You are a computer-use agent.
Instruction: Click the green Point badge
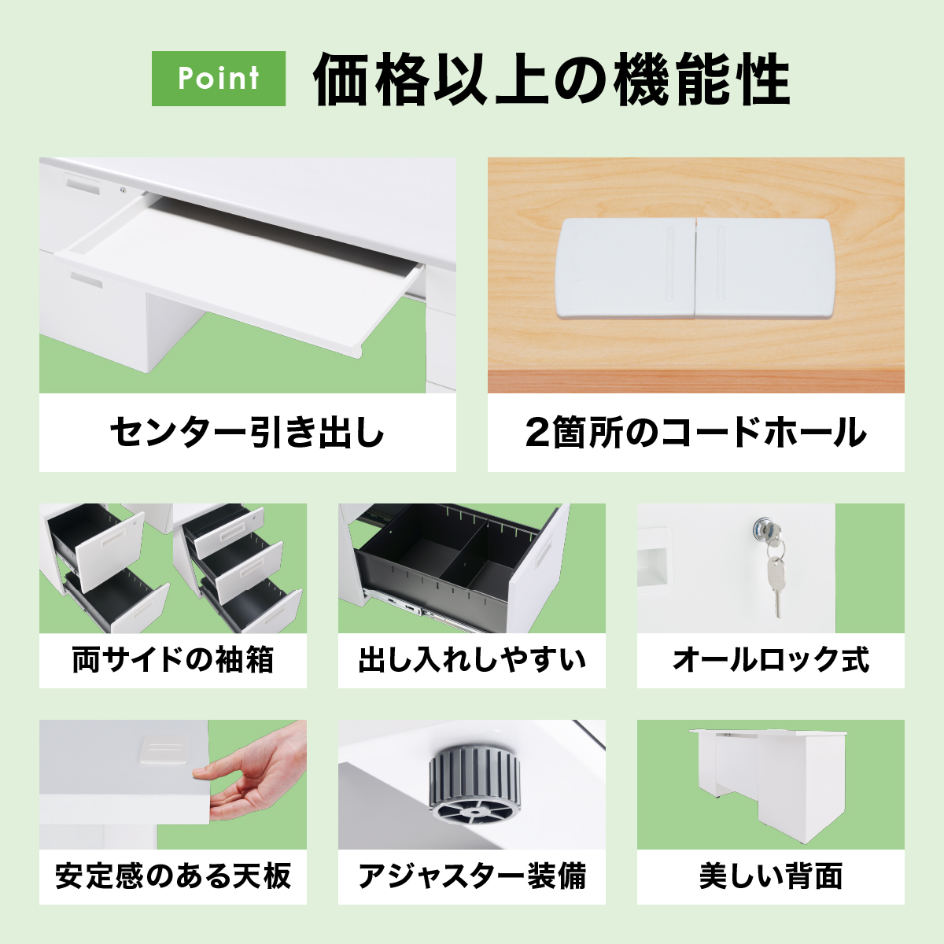tap(219, 79)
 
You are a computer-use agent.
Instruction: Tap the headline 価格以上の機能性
tap(551, 79)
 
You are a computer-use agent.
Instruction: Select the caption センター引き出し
tap(247, 432)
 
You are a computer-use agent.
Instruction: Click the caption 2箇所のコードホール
tap(695, 432)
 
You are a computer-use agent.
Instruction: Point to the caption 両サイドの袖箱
tap(172, 660)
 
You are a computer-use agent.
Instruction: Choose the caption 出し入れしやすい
tap(472, 660)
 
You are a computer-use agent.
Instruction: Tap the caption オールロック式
tap(771, 660)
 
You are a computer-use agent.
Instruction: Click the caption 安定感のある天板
tap(173, 876)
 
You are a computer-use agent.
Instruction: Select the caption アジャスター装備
tap(472, 876)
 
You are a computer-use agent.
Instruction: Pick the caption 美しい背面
tap(771, 876)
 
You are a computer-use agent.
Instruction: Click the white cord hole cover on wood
tap(695, 269)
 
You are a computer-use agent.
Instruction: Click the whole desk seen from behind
tap(766, 785)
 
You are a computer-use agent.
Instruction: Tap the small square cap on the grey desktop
tap(165, 749)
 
